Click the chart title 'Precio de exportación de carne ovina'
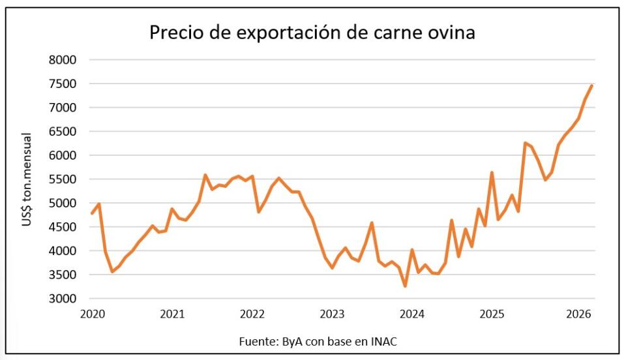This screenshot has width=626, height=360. pyautogui.click(x=312, y=33)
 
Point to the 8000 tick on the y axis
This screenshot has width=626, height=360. pyautogui.click(x=63, y=60)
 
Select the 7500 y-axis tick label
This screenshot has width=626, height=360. pyautogui.click(x=63, y=84)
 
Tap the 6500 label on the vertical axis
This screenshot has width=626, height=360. pyautogui.click(x=63, y=132)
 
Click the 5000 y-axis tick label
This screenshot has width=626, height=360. pyautogui.click(x=63, y=203)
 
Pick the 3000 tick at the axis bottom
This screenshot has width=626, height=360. pyautogui.click(x=63, y=299)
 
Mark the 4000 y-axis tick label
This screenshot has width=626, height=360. pyautogui.click(x=63, y=251)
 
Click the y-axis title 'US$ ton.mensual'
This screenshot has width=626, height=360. pyautogui.click(x=27, y=179)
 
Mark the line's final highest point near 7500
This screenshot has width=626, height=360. pyautogui.click(x=591, y=85)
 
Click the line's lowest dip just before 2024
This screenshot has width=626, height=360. pyautogui.click(x=405, y=286)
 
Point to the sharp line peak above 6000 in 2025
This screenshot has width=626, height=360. pyautogui.click(x=525, y=142)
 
